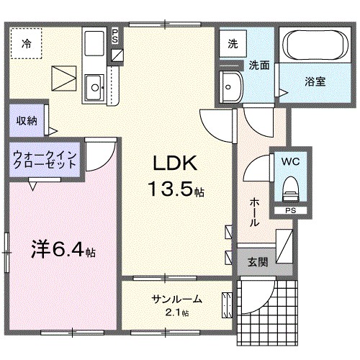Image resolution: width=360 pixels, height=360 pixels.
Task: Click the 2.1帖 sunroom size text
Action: click(176, 312)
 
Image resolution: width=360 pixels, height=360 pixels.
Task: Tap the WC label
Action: click(291, 161)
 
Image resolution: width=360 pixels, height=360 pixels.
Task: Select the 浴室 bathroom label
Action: click(315, 81)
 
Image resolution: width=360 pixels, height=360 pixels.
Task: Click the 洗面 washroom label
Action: click(259, 66)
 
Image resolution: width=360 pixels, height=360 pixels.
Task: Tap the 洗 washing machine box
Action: click(233, 43)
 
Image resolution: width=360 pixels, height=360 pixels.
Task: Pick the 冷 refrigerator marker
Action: click(26, 42)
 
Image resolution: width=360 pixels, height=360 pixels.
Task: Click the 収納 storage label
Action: click(27, 120)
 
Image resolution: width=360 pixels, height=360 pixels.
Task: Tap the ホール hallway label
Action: click(254, 212)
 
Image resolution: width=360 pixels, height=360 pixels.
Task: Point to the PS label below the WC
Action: click(290, 211)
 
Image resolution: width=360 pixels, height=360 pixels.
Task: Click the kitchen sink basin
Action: click(93, 89)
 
